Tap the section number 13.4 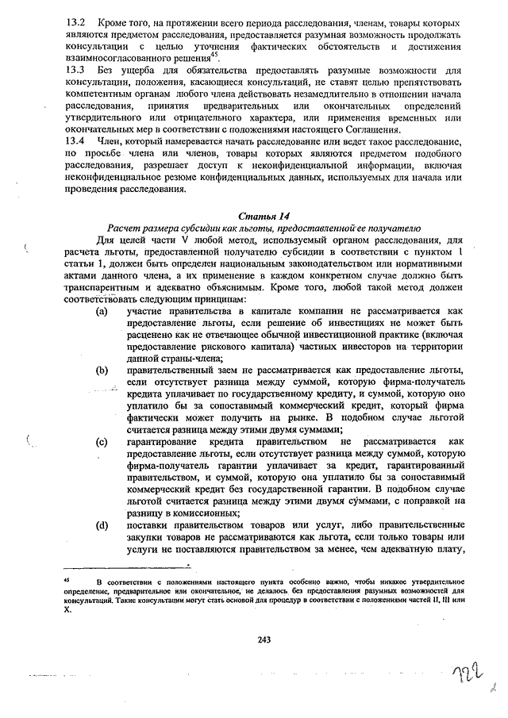click(x=76, y=140)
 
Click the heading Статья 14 click(x=260, y=215)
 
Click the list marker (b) click(x=102, y=371)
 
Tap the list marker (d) click(x=102, y=525)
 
